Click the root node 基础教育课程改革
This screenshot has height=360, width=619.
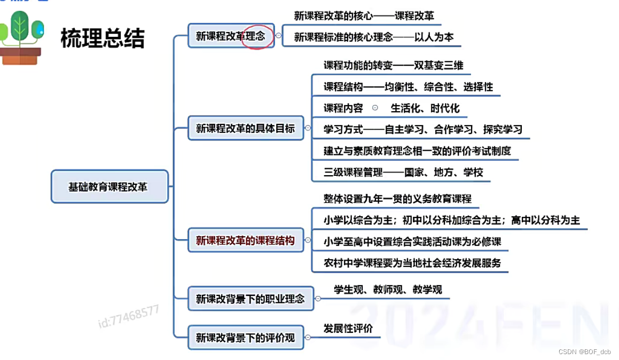[x=109, y=187]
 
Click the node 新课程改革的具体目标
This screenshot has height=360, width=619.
[x=245, y=128]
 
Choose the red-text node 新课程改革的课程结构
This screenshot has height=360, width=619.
[x=245, y=240]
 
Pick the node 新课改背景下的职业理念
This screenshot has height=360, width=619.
[x=250, y=299]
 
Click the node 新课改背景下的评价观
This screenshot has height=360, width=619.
[x=245, y=337]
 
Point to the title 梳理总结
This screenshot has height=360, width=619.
[x=103, y=38]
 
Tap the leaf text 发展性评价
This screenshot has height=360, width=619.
[x=348, y=328]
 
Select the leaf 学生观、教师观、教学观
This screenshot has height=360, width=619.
[x=388, y=289]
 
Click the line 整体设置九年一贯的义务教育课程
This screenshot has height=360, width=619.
[x=397, y=199]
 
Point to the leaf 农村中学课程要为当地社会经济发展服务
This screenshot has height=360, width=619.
[x=412, y=263]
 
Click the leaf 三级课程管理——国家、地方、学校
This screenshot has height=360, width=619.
[x=403, y=172]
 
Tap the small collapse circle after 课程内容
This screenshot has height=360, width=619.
[x=375, y=107]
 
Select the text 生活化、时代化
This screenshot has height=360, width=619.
[x=425, y=108]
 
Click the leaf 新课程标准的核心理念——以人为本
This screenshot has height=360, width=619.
[x=374, y=37]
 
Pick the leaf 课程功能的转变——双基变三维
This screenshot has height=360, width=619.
[x=393, y=65]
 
